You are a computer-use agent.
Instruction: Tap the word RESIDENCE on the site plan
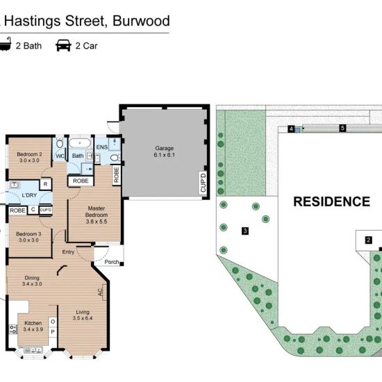point(331,201)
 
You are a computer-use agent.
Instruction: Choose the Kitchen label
point(33,323)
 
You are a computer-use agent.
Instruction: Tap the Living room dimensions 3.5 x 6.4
point(83,318)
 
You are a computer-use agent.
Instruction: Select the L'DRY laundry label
point(29,195)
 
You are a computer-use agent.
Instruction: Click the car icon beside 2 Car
point(63,46)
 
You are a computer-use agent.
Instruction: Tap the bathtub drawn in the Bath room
point(80,143)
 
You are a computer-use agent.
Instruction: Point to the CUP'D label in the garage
point(203,183)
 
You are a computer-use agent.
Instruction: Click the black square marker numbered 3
point(245,231)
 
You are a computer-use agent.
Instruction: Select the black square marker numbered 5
point(343,128)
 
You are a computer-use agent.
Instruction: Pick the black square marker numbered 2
point(368,240)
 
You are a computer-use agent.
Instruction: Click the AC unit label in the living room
point(101,292)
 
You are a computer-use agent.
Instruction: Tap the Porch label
point(112,262)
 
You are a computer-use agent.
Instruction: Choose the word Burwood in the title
point(141,21)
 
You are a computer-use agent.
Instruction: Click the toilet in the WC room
point(60,143)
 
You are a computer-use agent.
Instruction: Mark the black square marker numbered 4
point(291,129)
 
